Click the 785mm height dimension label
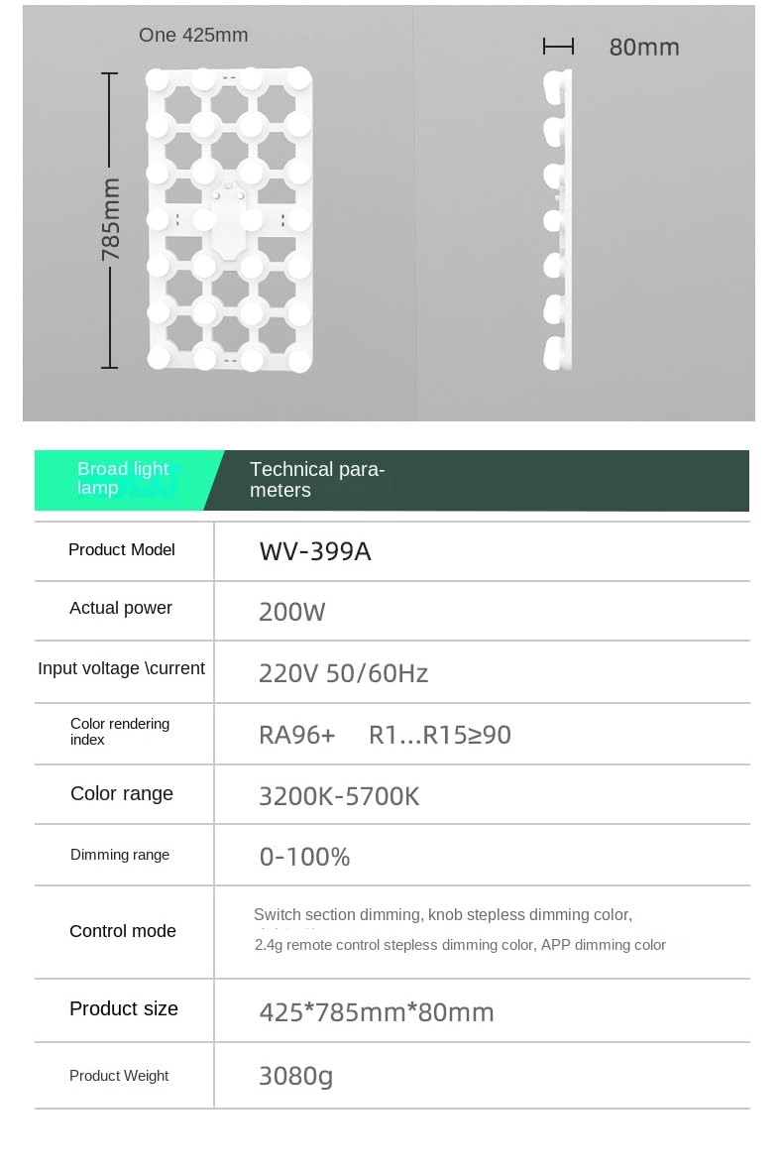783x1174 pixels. coord(111,220)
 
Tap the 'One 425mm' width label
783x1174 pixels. coord(193,36)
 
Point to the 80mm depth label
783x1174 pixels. coord(644,48)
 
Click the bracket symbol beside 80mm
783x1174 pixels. coord(559,47)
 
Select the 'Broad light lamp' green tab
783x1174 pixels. coord(123,478)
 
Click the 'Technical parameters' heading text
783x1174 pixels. coord(317,480)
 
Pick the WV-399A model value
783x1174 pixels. coord(315,551)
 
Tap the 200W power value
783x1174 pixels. coord(291,612)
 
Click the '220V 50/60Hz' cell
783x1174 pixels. coord(343,674)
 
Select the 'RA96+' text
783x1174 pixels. coord(297,735)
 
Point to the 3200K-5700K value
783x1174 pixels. coord(339,796)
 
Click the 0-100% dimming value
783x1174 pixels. coord(304,857)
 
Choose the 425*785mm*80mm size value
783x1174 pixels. coord(377,1012)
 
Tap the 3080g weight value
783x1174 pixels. coord(295,1076)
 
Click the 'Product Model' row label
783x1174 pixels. coord(121,549)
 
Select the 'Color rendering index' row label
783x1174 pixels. coord(120,732)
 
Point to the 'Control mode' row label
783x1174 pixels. coord(123,931)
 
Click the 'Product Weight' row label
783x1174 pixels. coord(119,1076)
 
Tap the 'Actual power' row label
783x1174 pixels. coord(121,608)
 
